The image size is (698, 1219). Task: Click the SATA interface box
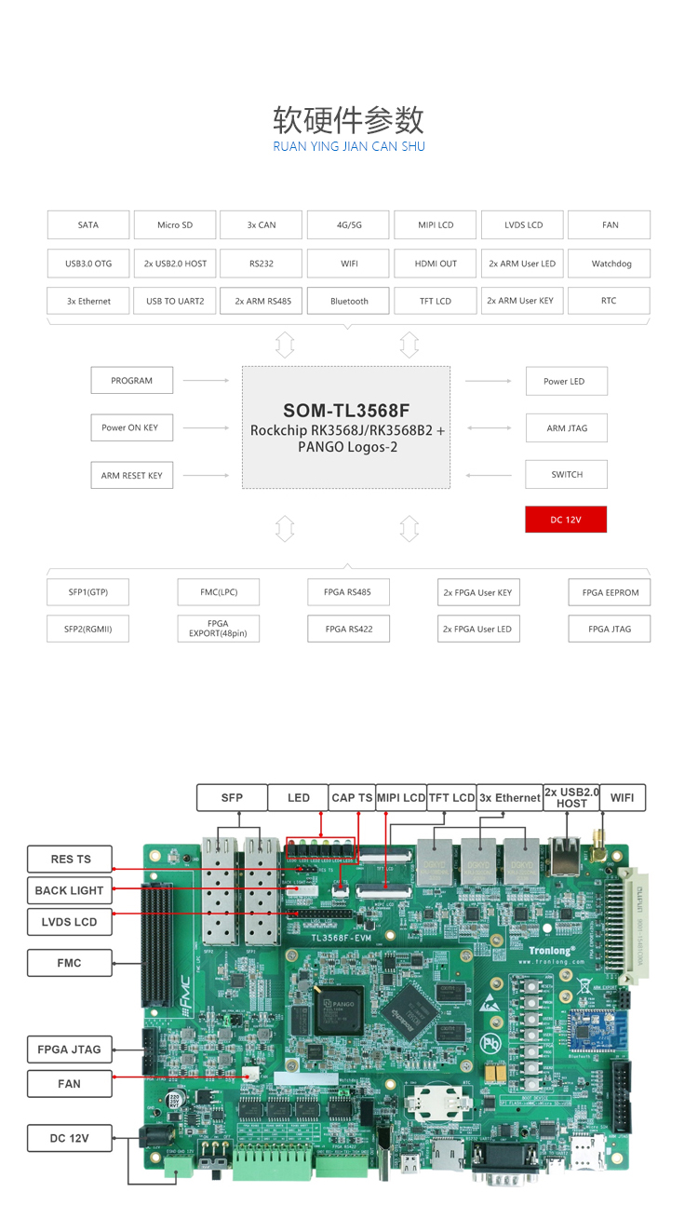click(88, 225)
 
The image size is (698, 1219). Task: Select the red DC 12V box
click(566, 520)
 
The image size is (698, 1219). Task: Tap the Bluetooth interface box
click(349, 302)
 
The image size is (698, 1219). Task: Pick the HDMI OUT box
click(436, 264)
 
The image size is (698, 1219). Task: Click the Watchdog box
click(611, 264)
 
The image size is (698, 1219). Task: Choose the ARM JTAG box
click(567, 428)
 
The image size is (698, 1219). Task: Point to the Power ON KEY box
click(130, 428)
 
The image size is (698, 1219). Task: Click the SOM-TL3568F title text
click(346, 411)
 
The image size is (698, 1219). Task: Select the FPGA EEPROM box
click(610, 593)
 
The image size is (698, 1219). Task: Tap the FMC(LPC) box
click(219, 592)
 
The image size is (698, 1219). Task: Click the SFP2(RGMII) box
click(88, 629)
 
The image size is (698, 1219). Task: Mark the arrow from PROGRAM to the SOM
click(207, 381)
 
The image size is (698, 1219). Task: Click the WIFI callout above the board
click(622, 798)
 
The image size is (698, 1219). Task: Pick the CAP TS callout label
click(352, 798)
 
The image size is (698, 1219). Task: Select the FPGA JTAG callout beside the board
click(70, 1050)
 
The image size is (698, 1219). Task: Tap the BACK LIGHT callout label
click(70, 890)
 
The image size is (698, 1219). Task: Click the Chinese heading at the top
click(349, 120)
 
